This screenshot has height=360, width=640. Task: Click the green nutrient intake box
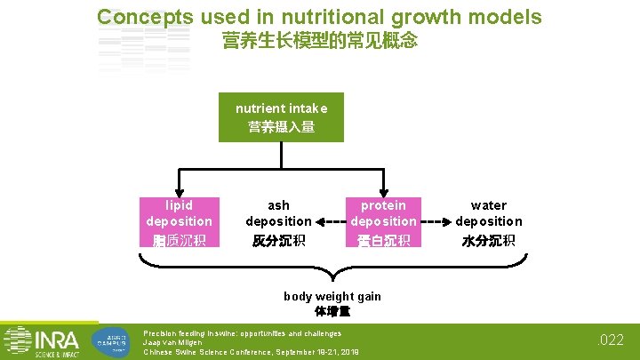point(281,117)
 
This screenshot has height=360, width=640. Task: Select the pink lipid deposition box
point(180,221)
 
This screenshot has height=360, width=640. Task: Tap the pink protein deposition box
point(383,221)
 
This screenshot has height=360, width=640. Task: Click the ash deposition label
point(279,213)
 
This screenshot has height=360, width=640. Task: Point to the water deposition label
point(489,213)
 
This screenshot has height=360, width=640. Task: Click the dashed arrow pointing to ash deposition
point(330,221)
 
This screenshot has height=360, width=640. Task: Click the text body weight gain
point(332,296)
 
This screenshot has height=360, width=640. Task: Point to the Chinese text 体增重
point(332,311)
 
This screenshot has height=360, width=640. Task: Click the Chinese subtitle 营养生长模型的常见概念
point(319,42)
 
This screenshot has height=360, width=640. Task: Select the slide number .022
point(611,340)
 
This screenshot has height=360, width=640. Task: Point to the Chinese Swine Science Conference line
point(252,352)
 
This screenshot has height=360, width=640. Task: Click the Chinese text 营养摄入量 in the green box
point(281,127)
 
